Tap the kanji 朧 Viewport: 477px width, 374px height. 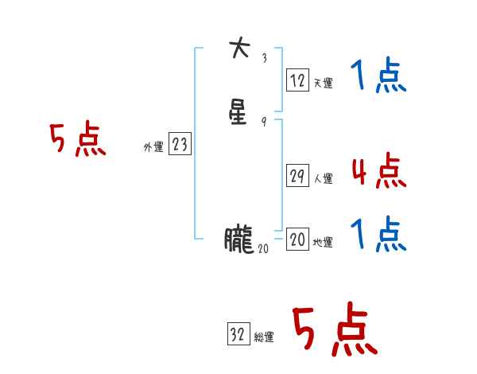coord(238,240)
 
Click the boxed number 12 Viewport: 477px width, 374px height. coord(297,80)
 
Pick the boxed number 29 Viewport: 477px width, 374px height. coord(297,177)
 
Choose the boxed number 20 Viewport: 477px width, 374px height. coord(297,240)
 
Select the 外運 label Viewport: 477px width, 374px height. coord(153,146)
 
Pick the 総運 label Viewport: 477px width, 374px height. coord(264,337)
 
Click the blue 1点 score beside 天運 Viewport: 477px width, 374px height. coord(378,78)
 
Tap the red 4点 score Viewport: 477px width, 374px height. coord(378,172)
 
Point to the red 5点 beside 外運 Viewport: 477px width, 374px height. coord(77,141)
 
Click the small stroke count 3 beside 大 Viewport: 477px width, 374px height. coord(264,57)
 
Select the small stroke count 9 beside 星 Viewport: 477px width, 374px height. coord(264,122)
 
